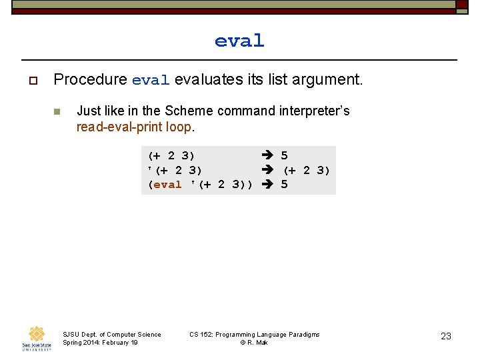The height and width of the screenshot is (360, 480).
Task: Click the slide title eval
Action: point(239,41)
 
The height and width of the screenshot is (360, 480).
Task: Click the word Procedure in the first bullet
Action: point(90,80)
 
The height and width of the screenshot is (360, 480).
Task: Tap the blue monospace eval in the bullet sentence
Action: point(151,81)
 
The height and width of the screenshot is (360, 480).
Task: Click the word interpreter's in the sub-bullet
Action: point(313,111)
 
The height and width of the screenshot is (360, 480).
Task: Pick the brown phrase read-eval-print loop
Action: point(134,127)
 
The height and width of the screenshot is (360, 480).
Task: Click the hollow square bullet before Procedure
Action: point(32,81)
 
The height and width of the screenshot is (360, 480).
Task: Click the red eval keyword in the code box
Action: point(167,185)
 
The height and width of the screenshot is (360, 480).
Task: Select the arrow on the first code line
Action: point(268,155)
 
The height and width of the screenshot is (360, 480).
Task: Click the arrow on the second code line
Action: point(268,170)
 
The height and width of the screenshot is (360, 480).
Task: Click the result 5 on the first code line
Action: point(285,155)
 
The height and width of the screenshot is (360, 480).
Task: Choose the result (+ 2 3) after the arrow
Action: point(307,170)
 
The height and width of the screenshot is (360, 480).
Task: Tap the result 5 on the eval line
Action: point(285,185)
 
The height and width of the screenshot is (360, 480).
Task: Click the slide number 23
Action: point(446,336)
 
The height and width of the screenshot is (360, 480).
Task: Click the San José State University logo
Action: point(36,337)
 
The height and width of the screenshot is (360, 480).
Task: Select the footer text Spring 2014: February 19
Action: point(100,343)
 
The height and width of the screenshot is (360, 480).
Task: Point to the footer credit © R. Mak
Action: point(254,343)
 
